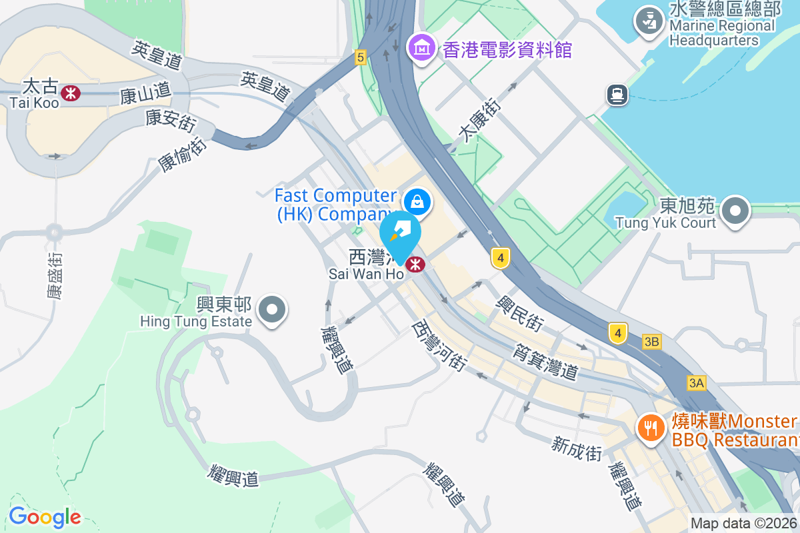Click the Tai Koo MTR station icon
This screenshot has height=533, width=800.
[x=70, y=93]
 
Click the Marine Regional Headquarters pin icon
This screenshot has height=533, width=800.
[x=647, y=20]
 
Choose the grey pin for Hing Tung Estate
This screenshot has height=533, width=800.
[x=272, y=310]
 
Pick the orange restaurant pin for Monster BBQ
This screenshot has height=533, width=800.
[x=649, y=426]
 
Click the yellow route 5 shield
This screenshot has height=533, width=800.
[x=361, y=57]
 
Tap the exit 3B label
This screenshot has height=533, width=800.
[x=652, y=342]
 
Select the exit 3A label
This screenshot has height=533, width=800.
[x=696, y=383]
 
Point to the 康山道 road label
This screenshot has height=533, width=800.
[x=145, y=95]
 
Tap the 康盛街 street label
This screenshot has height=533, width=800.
[x=55, y=274]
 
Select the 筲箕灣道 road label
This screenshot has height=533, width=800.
[x=546, y=360]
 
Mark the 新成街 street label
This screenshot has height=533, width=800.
[x=577, y=448]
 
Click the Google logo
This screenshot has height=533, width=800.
[x=45, y=516]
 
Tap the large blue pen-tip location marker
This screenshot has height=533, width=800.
[x=400, y=233]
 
